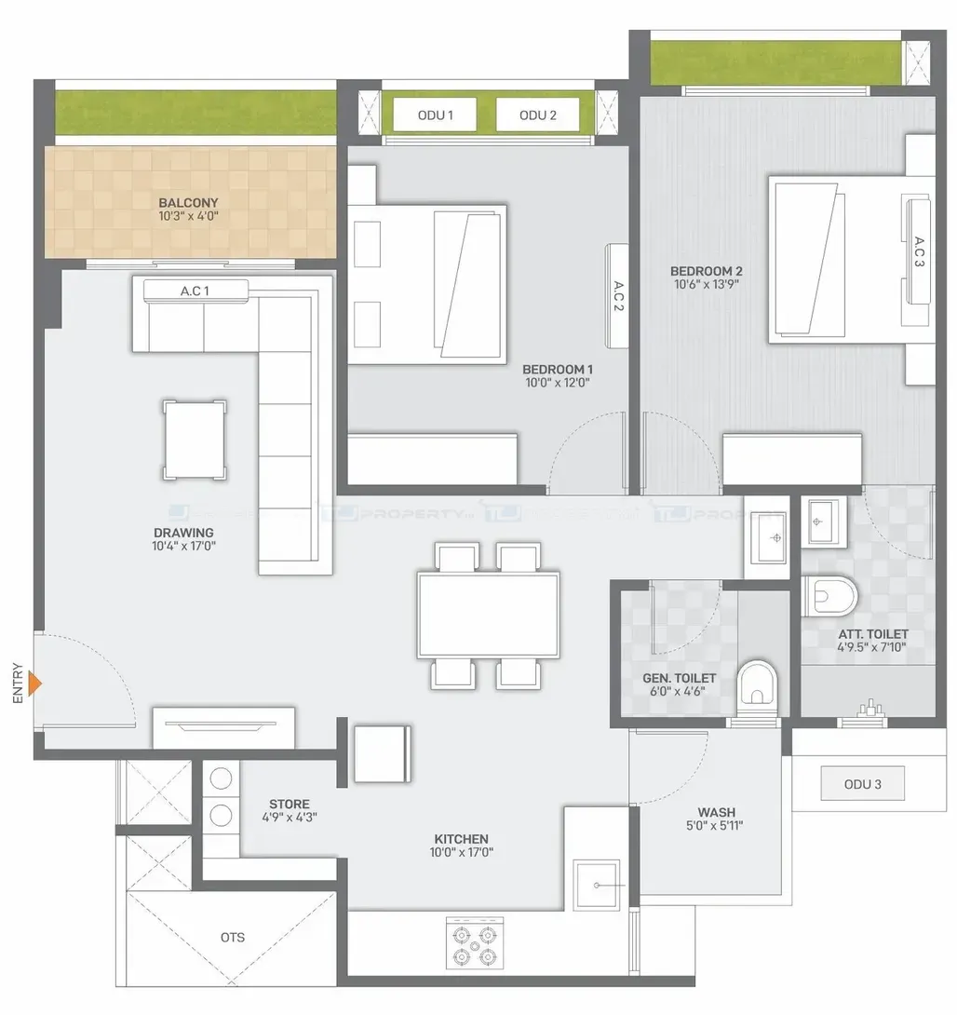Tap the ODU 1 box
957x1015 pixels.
point(435,115)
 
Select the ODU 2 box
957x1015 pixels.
point(538,115)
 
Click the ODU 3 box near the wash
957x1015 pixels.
point(863,784)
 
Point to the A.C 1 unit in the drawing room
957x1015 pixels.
point(195,291)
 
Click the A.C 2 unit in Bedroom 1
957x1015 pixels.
point(617,296)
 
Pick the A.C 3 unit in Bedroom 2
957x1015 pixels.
point(919,251)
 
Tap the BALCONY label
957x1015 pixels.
point(188,203)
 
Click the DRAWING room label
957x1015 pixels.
point(183,533)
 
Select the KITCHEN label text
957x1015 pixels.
point(462,839)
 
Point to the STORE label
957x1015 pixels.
point(290,804)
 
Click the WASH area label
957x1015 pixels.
point(716,812)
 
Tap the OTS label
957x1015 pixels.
point(233,938)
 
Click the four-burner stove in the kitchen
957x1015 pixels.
point(475,943)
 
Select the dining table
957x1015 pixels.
point(489,615)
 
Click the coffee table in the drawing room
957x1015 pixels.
point(195,440)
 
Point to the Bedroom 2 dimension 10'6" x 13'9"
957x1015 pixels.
point(706,284)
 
